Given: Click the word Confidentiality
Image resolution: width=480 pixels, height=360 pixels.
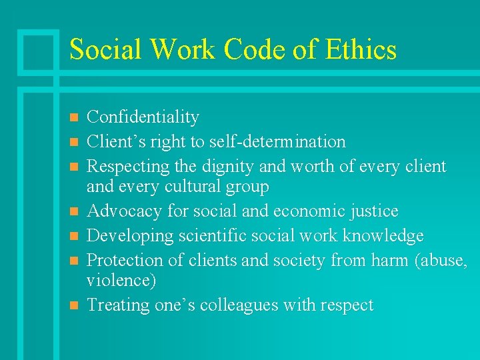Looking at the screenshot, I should (x=143, y=117).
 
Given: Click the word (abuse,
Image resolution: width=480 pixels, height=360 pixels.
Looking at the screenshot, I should (x=441, y=260).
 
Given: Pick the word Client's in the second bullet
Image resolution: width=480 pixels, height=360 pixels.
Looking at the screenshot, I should (x=115, y=141).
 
